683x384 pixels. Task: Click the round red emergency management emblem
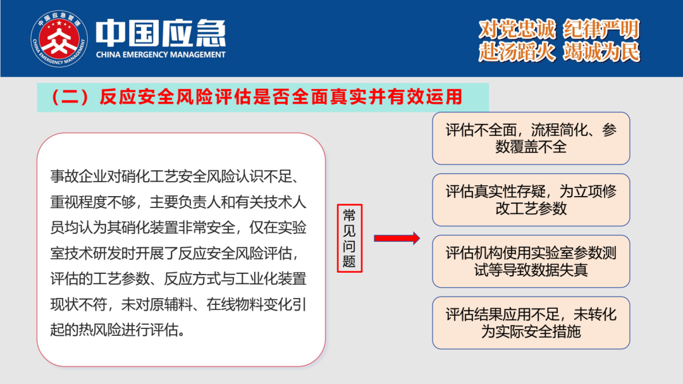pos(59,39)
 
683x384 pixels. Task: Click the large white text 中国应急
pos(161,33)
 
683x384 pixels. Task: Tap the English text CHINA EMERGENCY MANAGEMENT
pos(161,55)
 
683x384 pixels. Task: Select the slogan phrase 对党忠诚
pos(517,30)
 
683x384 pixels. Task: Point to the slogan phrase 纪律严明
pos(601,30)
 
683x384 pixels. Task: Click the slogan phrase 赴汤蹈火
pos(517,52)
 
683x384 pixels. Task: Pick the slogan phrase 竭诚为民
pos(601,52)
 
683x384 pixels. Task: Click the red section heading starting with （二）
pos(257,97)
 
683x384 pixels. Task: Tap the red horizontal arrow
pos(397,238)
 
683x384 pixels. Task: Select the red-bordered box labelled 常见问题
pos(349,238)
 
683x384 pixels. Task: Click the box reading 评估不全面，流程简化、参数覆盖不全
pos(531,138)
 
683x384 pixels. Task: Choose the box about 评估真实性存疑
pos(531,200)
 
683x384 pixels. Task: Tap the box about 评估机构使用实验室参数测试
pos(531,261)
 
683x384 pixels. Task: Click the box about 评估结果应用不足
pos(531,323)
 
